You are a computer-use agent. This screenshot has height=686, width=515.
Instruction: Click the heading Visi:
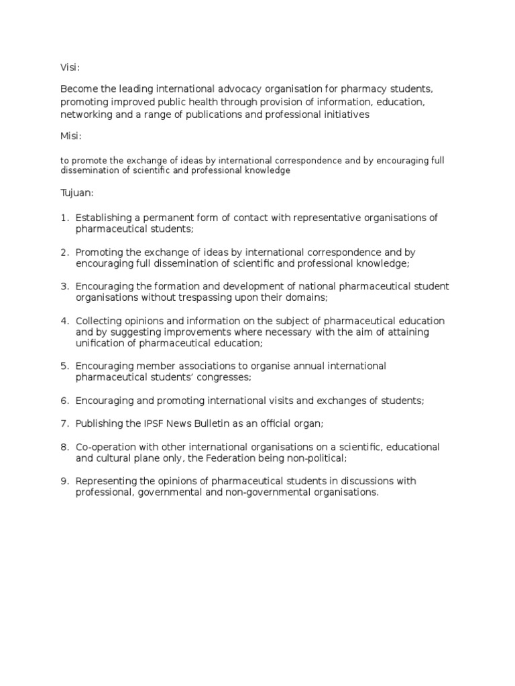click(70, 67)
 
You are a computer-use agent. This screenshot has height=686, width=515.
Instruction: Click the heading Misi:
click(71, 136)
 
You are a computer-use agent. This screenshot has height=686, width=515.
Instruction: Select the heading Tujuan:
click(77, 193)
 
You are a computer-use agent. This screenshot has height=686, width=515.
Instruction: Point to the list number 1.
click(64, 218)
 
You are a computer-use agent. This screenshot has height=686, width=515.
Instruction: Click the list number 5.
click(64, 366)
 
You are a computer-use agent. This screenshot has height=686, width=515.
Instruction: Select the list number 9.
click(64, 481)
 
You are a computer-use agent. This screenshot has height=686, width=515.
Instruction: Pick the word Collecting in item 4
click(99, 321)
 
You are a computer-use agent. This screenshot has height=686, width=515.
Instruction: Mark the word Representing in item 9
click(105, 481)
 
